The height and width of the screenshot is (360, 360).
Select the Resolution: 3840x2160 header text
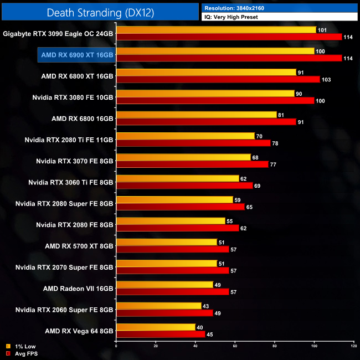coord(238,8)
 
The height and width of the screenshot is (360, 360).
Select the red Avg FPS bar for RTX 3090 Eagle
coord(229,37)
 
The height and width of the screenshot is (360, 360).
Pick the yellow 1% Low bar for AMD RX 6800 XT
coord(206,72)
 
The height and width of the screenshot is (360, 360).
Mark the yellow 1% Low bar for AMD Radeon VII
coord(164,285)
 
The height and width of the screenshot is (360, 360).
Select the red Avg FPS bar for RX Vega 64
coord(161,334)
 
